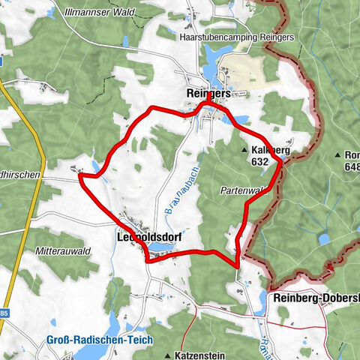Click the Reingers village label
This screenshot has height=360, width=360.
coord(208,91)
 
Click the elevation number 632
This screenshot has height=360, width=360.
coord(260,161)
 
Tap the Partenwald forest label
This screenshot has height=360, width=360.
coord(244,190)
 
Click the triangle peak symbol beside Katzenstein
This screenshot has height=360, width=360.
coord(168,352)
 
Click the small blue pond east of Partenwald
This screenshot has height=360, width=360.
coord(324,238)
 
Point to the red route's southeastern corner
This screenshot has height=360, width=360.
coord(238,265)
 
